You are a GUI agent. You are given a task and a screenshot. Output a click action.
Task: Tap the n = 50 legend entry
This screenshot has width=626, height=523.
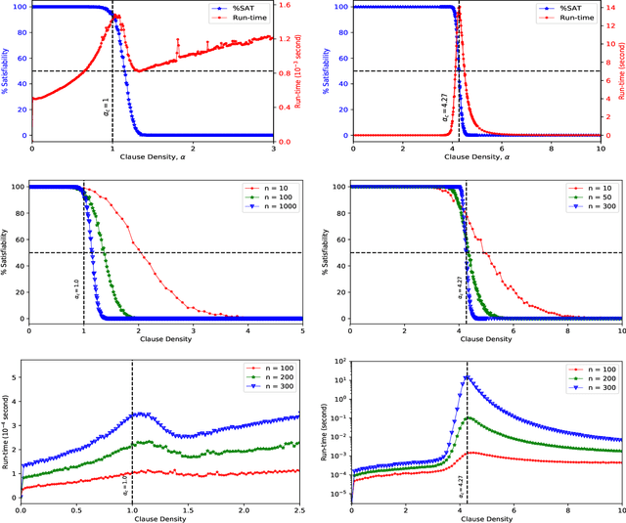pos(585,196)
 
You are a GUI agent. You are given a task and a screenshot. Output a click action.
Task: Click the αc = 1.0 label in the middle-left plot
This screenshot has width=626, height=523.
pos(78,287)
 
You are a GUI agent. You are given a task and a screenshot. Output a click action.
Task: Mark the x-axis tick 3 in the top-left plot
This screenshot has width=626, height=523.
pos(272,148)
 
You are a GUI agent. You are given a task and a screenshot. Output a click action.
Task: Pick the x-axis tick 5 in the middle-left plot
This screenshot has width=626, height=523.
pos(299,330)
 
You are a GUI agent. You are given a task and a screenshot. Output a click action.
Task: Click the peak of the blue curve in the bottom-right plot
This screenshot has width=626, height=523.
pos(468,376)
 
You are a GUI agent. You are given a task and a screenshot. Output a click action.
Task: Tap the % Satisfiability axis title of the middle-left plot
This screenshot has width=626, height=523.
pos(5,252)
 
